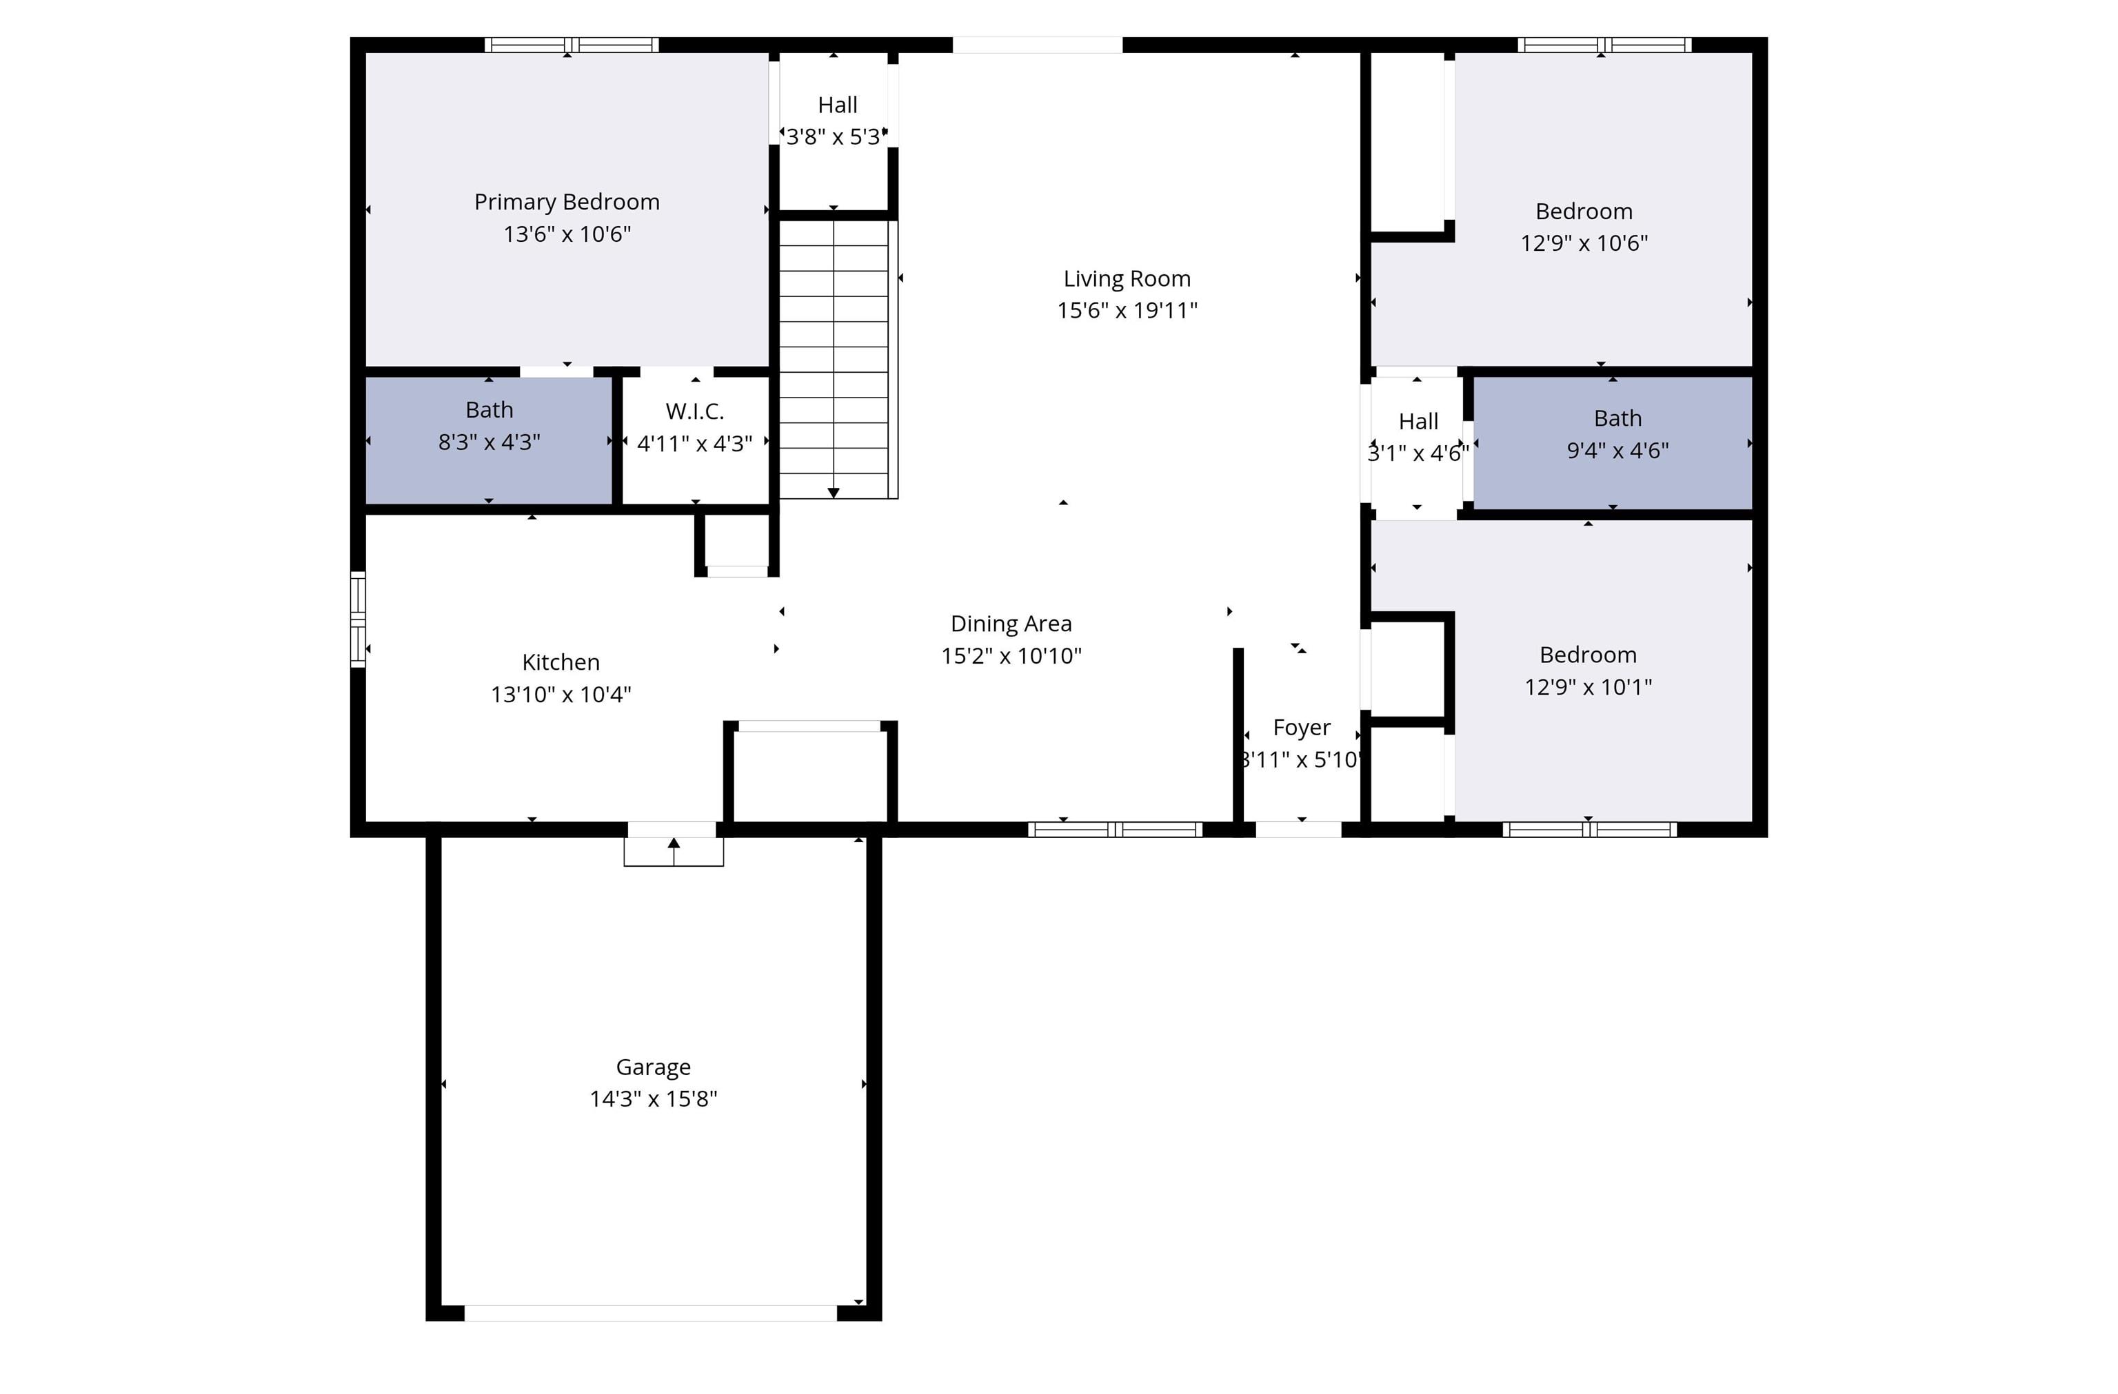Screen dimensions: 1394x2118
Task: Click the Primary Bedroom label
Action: tap(567, 202)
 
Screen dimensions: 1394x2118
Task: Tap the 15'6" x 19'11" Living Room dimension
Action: tap(1127, 311)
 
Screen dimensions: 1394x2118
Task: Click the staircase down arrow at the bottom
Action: tap(833, 492)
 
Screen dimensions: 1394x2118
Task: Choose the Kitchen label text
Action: tap(561, 662)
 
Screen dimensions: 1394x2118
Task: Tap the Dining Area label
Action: tap(1011, 624)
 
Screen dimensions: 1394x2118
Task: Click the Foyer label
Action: tap(1301, 728)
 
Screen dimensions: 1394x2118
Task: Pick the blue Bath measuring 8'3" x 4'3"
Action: tap(489, 440)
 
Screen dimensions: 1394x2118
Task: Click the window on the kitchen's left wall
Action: tap(358, 619)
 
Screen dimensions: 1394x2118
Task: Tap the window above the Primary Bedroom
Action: tap(572, 45)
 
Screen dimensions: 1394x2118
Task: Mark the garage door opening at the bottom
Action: tap(651, 1313)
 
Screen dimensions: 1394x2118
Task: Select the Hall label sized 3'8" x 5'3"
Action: tap(836, 105)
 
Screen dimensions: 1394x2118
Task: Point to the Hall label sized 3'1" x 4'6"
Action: tap(1418, 422)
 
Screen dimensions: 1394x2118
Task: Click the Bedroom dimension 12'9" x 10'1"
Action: tap(1588, 687)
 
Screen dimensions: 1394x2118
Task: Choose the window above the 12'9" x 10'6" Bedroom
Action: tap(1604, 45)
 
